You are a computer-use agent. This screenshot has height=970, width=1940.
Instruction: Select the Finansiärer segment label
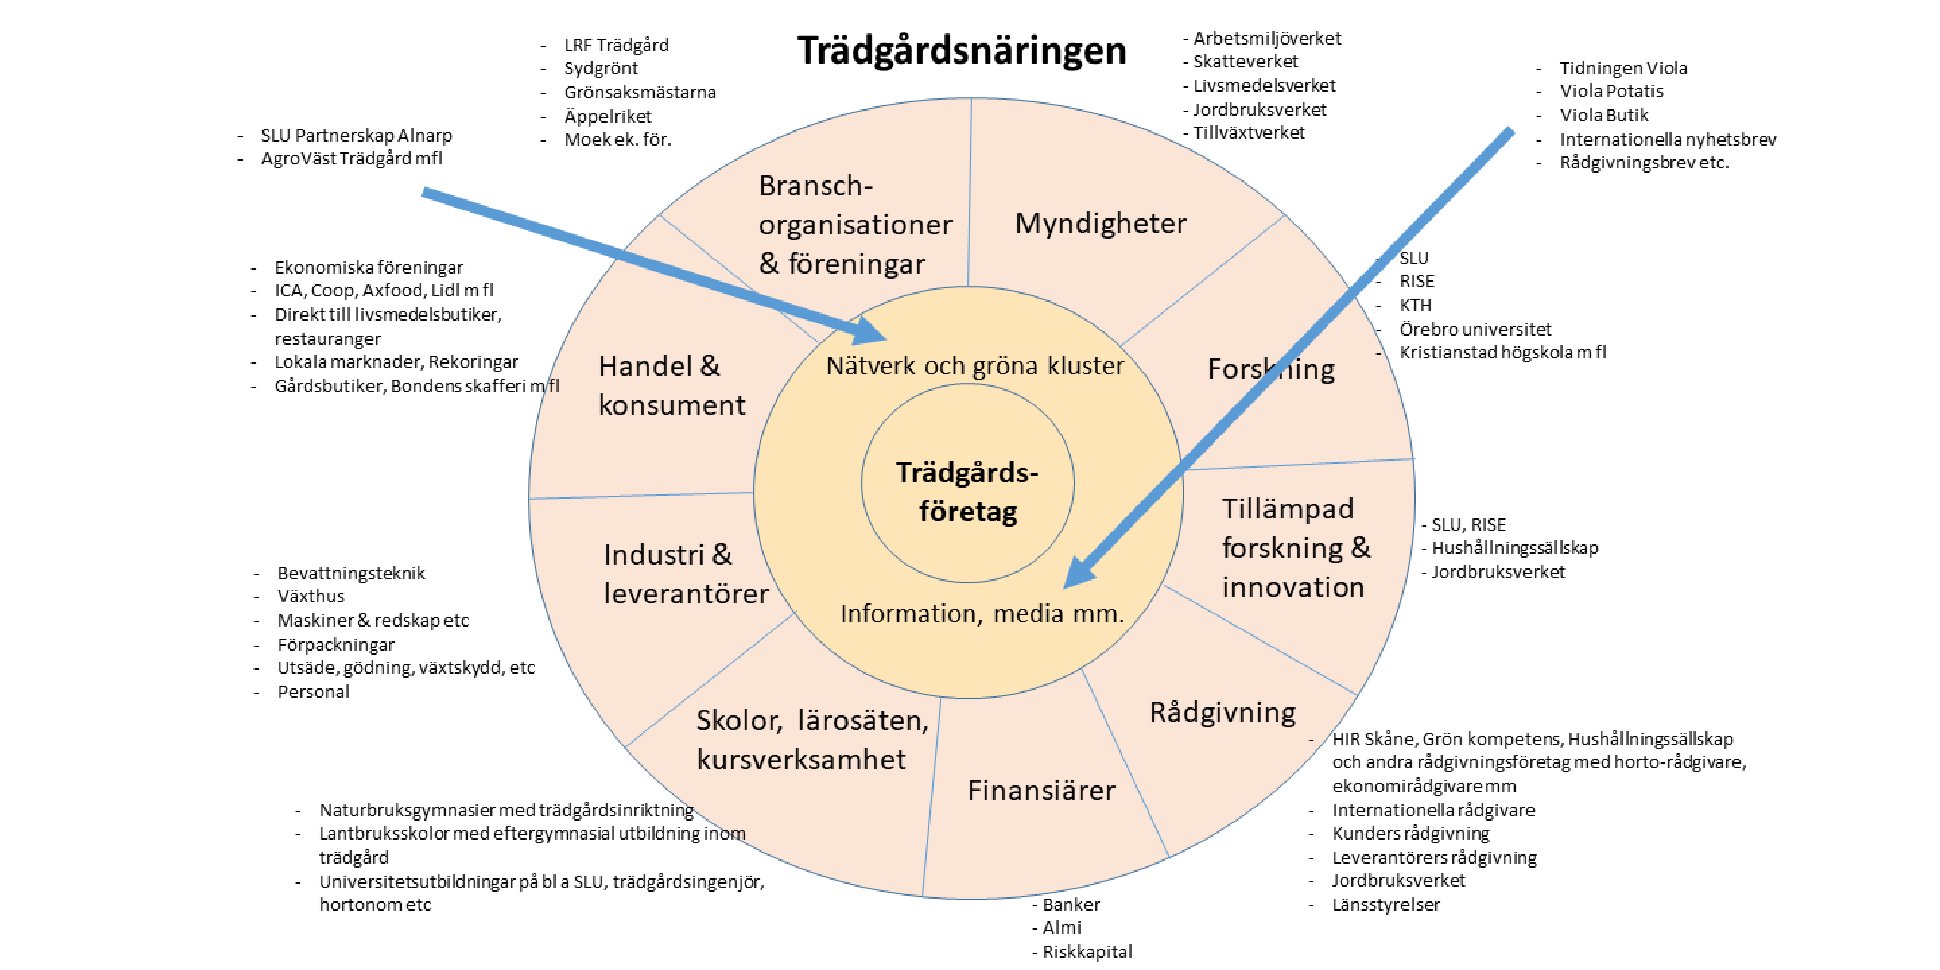[1041, 790]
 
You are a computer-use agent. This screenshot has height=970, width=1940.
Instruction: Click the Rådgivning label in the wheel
[1222, 712]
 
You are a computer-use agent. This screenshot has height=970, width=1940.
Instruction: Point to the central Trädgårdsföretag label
[967, 492]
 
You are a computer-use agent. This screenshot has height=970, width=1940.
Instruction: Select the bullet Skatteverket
[1245, 62]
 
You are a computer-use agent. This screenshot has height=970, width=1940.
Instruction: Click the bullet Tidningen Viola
[1622, 68]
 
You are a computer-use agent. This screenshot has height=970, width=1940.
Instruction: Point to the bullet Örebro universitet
[1474, 329]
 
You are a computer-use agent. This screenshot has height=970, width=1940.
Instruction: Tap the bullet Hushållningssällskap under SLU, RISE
[1514, 548]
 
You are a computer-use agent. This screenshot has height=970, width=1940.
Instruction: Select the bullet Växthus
[310, 597]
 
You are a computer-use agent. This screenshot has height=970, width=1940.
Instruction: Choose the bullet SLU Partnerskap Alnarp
[356, 136]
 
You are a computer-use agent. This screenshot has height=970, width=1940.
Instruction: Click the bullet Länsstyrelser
[1385, 905]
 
